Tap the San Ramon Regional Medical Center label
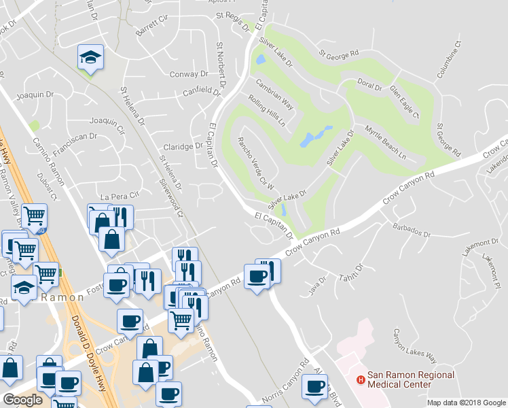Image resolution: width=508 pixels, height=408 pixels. tap(399, 379)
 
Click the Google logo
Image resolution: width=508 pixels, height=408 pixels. tap(22, 399)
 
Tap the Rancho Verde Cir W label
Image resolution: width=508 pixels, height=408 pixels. tap(255, 163)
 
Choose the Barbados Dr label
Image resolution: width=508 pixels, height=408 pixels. tap(411, 228)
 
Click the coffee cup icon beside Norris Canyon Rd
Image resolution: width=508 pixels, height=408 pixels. tap(315, 386)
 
